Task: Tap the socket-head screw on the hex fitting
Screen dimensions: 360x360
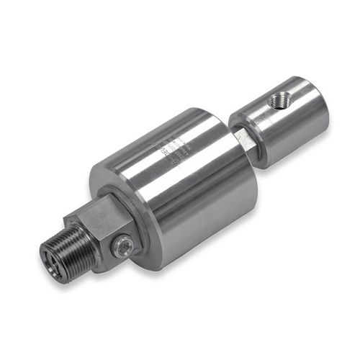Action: point(122,247)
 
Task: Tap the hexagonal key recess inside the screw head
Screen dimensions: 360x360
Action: point(123,248)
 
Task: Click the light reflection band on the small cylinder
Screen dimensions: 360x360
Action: point(288,130)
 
